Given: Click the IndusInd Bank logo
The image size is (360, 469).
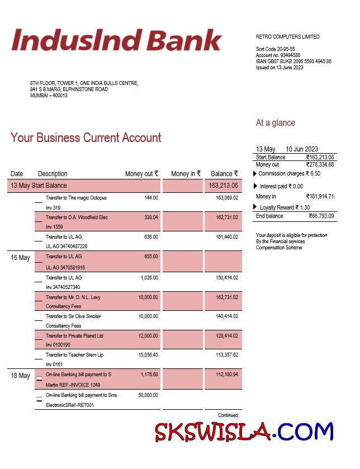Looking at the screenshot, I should (x=116, y=40).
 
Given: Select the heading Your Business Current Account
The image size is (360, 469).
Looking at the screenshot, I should (x=86, y=138).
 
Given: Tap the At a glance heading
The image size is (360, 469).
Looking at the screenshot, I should (x=275, y=123).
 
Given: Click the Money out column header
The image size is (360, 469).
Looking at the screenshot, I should (x=141, y=174).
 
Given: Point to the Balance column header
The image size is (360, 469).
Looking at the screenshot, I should (x=224, y=174).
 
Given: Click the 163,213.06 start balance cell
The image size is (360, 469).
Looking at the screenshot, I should (x=223, y=186).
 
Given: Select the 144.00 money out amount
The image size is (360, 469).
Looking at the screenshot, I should (x=151, y=198).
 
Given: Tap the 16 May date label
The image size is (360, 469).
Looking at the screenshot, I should (x=20, y=258).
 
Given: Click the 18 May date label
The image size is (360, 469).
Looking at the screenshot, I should (x=20, y=376).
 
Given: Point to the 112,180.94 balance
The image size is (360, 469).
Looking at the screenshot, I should (x=226, y=375).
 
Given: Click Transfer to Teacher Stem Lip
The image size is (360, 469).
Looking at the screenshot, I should (x=74, y=355).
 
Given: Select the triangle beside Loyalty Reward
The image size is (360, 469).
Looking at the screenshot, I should (x=255, y=207).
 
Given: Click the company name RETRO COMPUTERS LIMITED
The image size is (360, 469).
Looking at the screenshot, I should (x=287, y=37).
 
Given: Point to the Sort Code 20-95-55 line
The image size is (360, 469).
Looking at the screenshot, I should (x=275, y=49).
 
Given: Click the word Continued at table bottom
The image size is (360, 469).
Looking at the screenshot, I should (x=228, y=415).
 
